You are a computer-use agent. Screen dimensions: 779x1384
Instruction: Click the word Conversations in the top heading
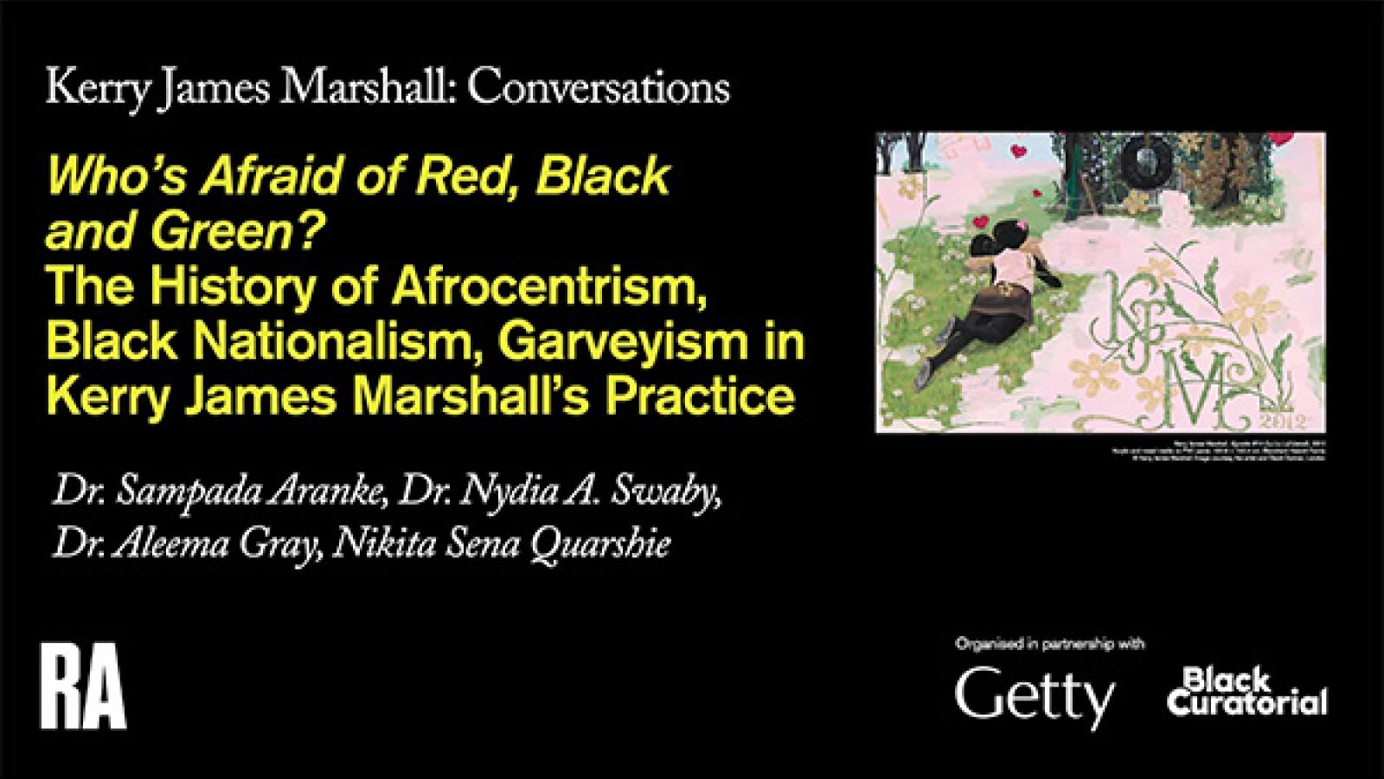click(x=601, y=87)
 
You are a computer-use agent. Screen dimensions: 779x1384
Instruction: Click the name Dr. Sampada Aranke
click(x=210, y=495)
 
